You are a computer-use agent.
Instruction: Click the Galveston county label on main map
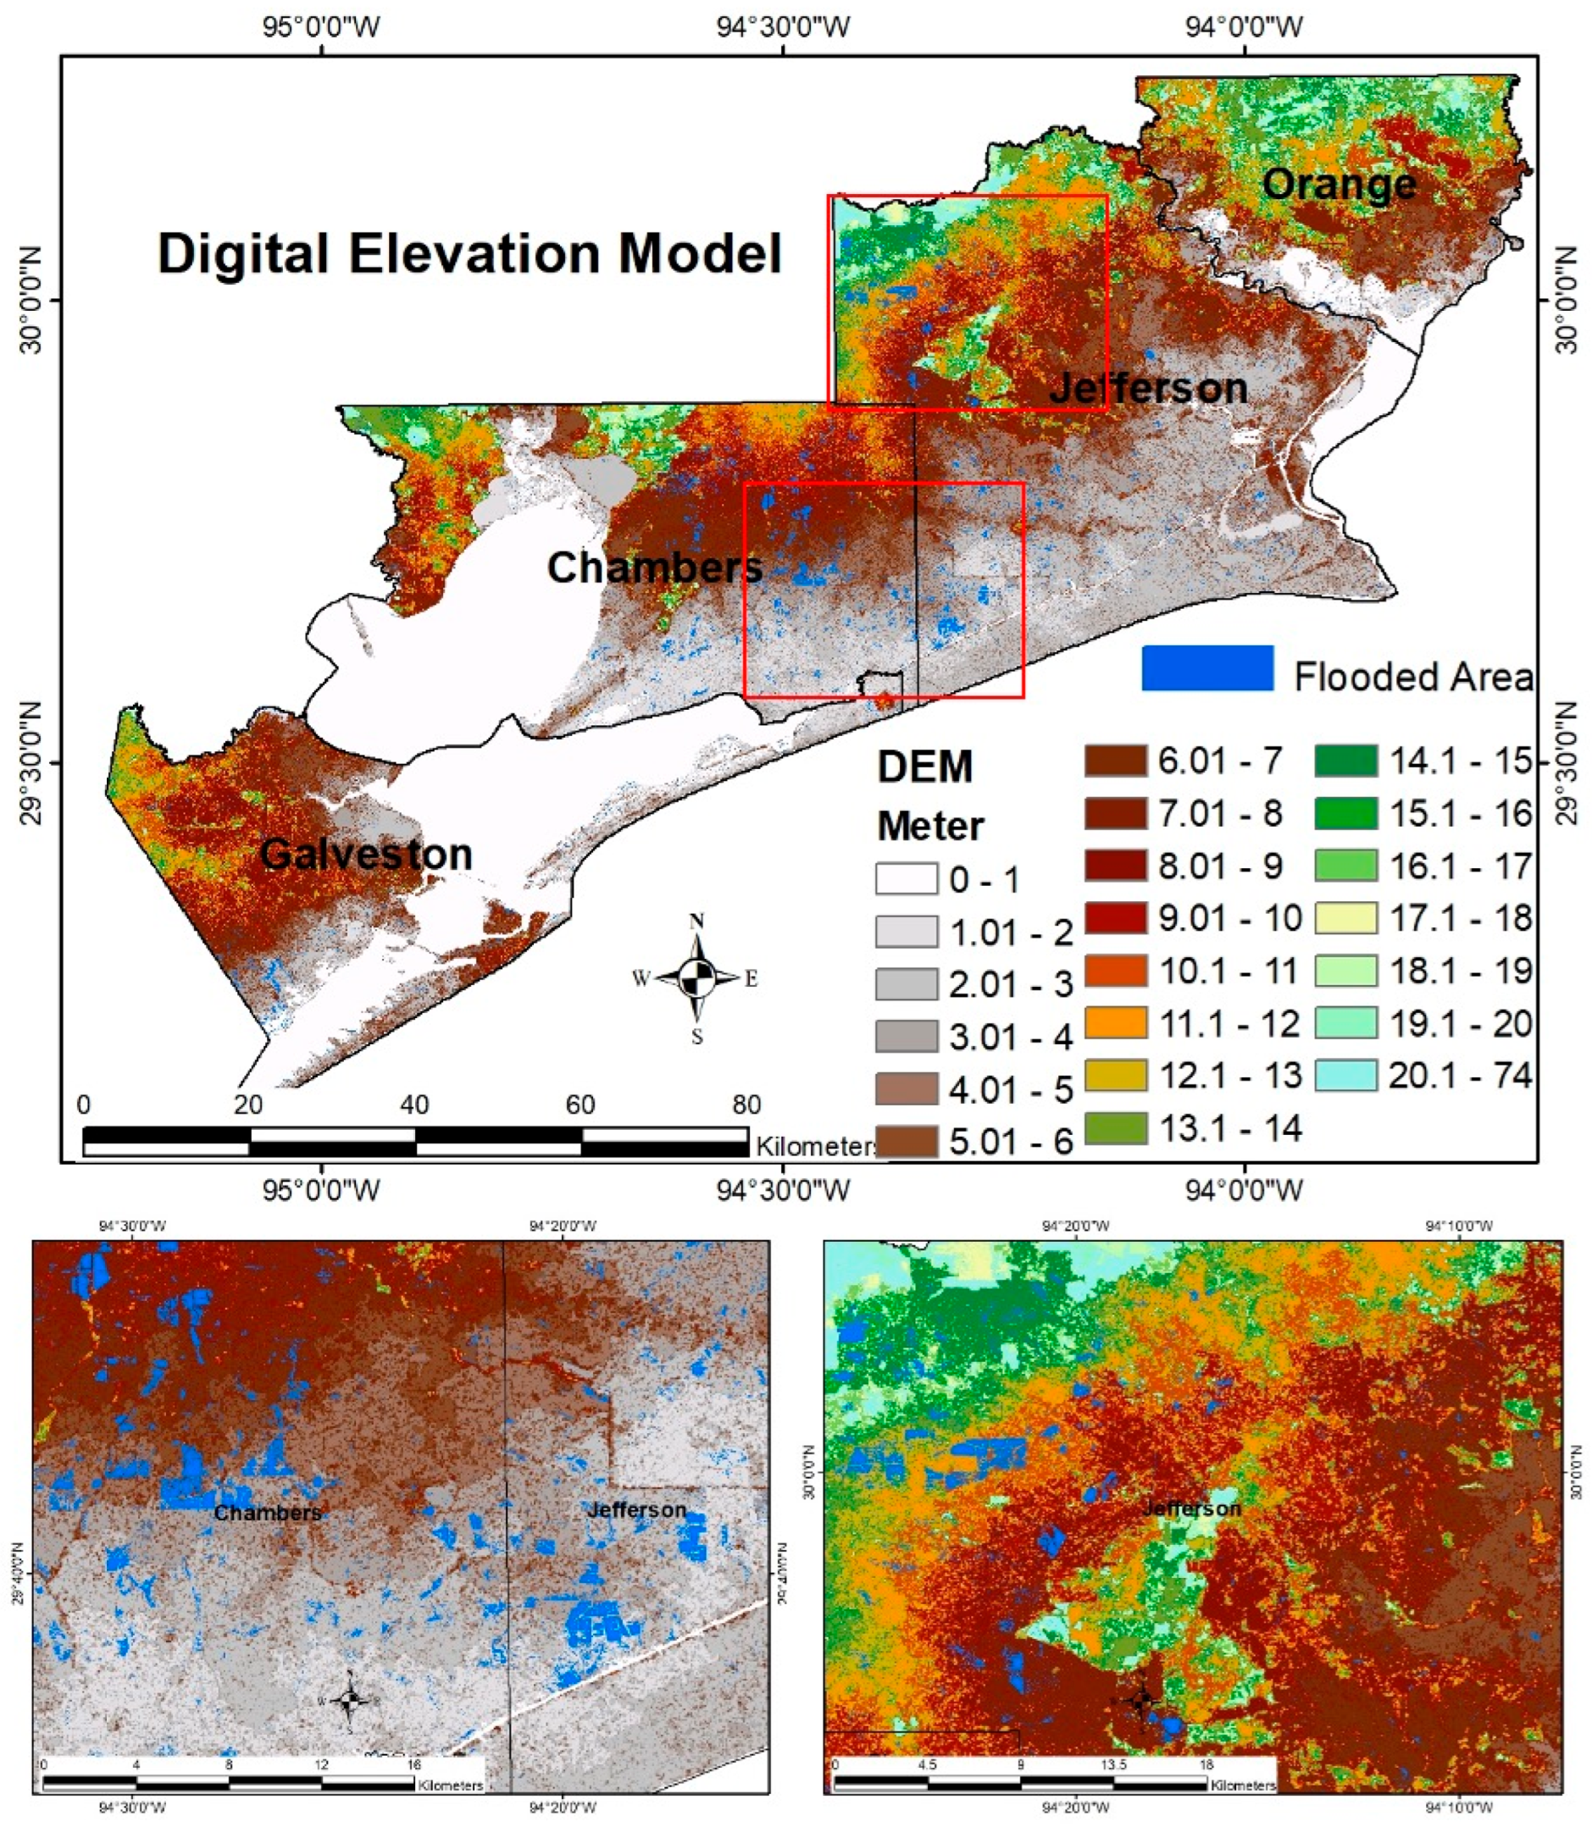pos(366,855)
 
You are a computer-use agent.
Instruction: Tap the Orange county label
pos(1339,184)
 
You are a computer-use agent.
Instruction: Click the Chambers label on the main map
pos(655,567)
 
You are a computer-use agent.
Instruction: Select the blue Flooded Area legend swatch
pos(1207,668)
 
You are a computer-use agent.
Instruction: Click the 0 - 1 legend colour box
pos(907,879)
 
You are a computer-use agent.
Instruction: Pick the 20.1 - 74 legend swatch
pos(1346,1075)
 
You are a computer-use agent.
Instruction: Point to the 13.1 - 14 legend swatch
pos(1115,1128)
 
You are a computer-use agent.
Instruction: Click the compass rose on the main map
pos(696,978)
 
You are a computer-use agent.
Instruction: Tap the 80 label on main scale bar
pos(746,1105)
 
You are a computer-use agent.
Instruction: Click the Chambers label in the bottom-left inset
pos(269,1513)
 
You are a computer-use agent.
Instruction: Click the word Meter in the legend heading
pos(930,827)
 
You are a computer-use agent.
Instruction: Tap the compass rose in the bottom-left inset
pos(350,1700)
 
